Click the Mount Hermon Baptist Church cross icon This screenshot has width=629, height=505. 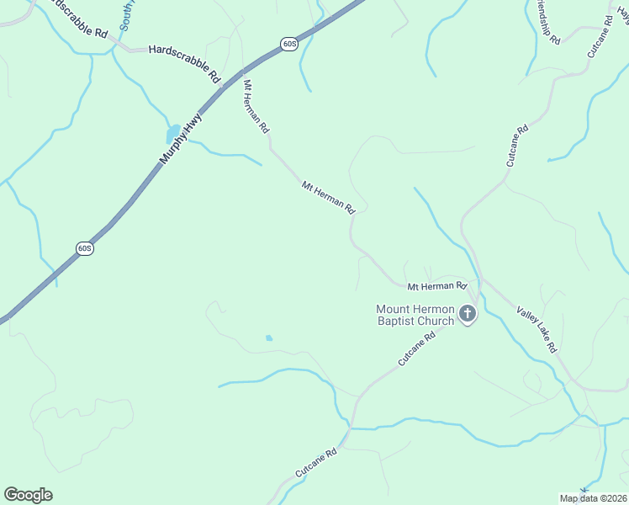(468, 315)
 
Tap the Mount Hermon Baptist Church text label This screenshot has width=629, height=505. (415, 315)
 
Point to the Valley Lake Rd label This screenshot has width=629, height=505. (536, 329)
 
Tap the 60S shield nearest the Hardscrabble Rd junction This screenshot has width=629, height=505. (288, 44)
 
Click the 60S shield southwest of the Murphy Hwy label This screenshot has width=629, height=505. (84, 248)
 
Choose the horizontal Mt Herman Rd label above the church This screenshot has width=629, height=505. (436, 286)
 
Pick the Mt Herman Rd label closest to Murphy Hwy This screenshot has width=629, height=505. (255, 107)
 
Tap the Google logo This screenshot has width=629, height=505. (28, 495)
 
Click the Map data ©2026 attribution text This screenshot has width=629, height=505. (594, 498)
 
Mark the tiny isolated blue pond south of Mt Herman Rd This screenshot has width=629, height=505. (269, 338)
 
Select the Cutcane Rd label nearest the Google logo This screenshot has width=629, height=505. (315, 464)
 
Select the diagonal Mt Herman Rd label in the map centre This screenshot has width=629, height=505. (328, 196)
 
